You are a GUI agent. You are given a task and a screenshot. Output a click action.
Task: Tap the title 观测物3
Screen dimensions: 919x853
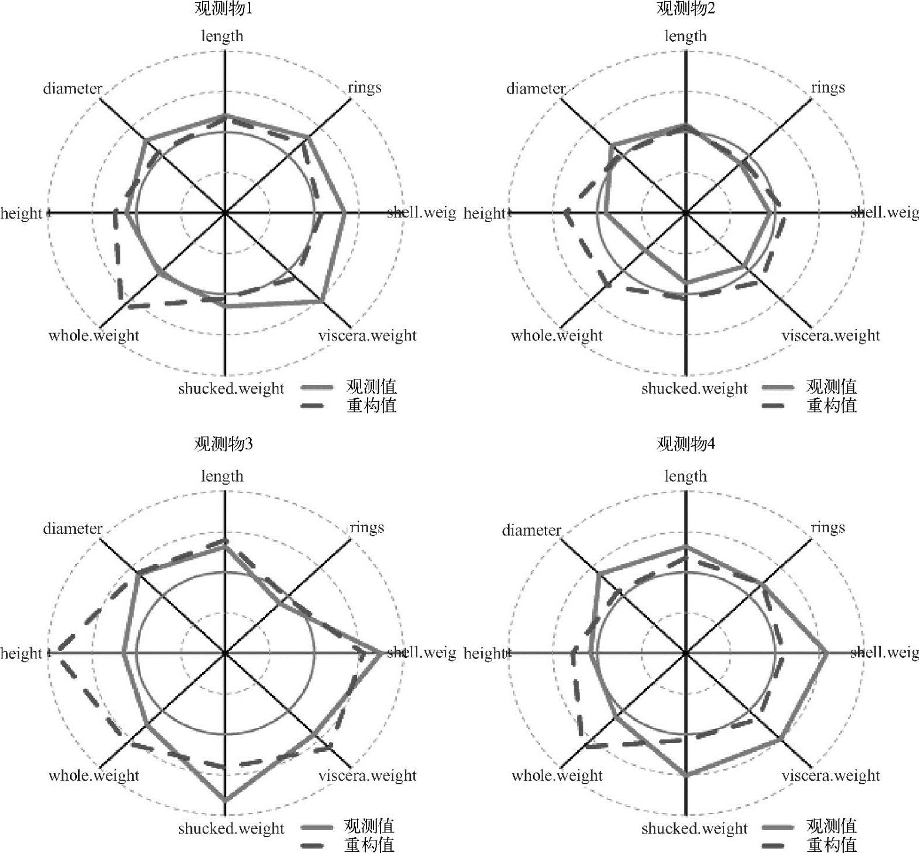tap(223, 444)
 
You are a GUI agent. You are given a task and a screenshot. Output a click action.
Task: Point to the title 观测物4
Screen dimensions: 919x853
tap(685, 444)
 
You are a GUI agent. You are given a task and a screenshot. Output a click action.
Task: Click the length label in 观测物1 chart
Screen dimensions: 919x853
tap(222, 36)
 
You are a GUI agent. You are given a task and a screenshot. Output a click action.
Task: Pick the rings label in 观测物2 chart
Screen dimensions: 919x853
tap(828, 88)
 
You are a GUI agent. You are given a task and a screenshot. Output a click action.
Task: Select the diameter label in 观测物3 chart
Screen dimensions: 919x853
tap(73, 529)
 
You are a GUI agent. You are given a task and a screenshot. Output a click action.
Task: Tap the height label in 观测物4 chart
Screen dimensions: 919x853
tap(484, 653)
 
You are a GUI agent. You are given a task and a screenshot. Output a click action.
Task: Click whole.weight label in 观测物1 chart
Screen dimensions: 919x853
tap(94, 335)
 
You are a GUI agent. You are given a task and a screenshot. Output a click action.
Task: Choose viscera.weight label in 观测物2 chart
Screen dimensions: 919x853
tap(831, 335)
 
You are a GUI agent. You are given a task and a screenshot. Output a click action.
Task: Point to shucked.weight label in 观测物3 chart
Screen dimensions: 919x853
tap(231, 829)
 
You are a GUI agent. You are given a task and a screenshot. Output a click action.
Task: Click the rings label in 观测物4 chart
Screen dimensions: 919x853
tap(828, 528)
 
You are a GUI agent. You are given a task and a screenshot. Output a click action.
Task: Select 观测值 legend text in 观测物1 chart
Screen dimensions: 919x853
tap(371, 387)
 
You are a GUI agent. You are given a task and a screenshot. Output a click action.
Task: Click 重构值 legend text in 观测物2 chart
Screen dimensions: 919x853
tap(832, 405)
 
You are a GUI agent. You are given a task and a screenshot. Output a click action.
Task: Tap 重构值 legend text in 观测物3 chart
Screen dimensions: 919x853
tap(370, 845)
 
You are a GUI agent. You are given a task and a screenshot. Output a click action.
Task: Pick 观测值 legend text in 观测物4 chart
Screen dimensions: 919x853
tap(832, 827)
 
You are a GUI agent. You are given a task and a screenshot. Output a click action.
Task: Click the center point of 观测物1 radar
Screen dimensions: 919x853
tap(225, 213)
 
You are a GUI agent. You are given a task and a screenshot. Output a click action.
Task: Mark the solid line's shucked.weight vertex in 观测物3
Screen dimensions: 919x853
tap(225, 800)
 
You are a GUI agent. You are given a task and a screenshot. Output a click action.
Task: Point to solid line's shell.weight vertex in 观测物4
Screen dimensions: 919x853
tap(827, 653)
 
